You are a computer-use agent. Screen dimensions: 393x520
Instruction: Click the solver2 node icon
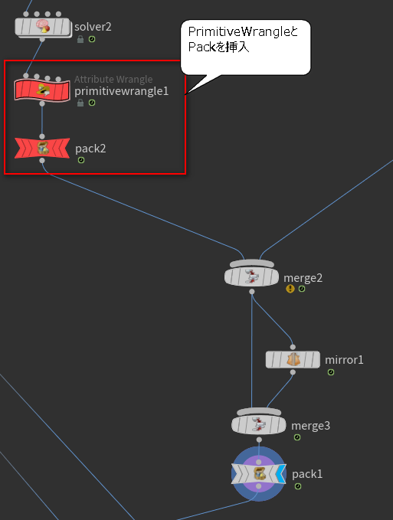click(x=42, y=26)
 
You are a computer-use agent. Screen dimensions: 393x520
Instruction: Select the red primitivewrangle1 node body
click(x=42, y=90)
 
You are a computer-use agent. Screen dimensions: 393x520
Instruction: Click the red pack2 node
click(x=42, y=149)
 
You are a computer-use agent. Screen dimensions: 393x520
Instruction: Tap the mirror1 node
click(x=293, y=360)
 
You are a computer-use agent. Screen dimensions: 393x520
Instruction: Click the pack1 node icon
click(x=259, y=474)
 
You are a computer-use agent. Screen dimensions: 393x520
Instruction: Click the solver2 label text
click(x=93, y=27)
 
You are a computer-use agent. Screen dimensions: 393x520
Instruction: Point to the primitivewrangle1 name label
click(x=121, y=91)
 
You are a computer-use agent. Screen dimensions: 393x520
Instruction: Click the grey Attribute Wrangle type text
click(x=113, y=79)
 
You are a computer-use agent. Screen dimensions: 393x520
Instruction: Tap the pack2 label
click(x=90, y=149)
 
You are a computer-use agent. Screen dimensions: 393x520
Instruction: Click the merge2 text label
click(x=303, y=277)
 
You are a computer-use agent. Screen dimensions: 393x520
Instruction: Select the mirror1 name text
click(x=344, y=360)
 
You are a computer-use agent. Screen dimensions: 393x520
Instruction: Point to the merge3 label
click(x=310, y=426)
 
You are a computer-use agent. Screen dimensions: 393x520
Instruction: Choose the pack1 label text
click(x=307, y=474)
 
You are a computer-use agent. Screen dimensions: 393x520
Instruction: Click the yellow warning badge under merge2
click(x=290, y=289)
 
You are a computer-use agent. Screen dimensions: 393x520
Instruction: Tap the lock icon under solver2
click(x=80, y=39)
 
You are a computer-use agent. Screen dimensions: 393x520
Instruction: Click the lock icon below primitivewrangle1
click(x=80, y=103)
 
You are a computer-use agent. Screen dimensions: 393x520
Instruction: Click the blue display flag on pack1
click(x=281, y=474)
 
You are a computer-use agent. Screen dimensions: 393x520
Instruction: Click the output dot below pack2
click(x=42, y=161)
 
